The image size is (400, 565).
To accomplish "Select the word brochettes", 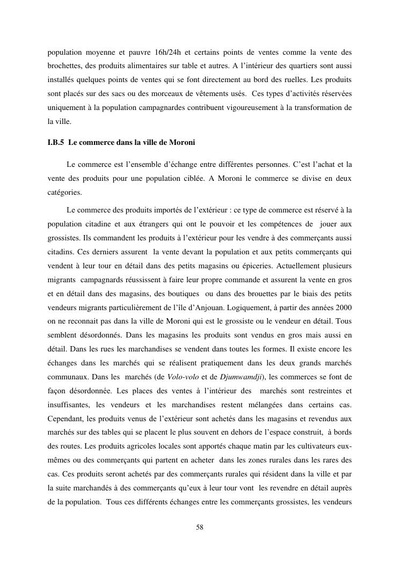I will (x=64, y=67).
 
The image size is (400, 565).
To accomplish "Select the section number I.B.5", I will (x=56, y=143).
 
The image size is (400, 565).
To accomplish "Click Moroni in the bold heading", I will (x=182, y=143).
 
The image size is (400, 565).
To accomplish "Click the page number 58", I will (x=200, y=527).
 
